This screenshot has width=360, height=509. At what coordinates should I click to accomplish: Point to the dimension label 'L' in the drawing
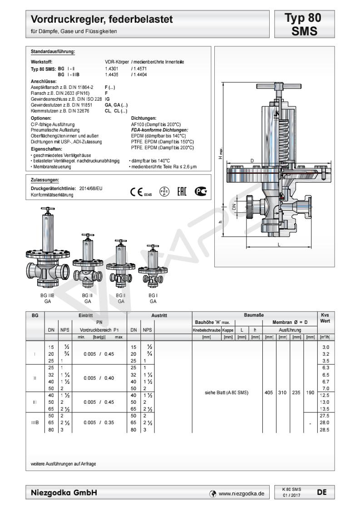pyautogui.click(x=279, y=245)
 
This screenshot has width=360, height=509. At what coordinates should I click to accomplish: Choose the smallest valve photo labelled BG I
pyautogui.click(x=153, y=268)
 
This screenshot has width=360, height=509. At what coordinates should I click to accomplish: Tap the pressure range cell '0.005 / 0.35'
pyautogui.click(x=95, y=422)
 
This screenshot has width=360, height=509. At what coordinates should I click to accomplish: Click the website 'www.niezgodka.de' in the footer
pyautogui.click(x=241, y=493)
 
